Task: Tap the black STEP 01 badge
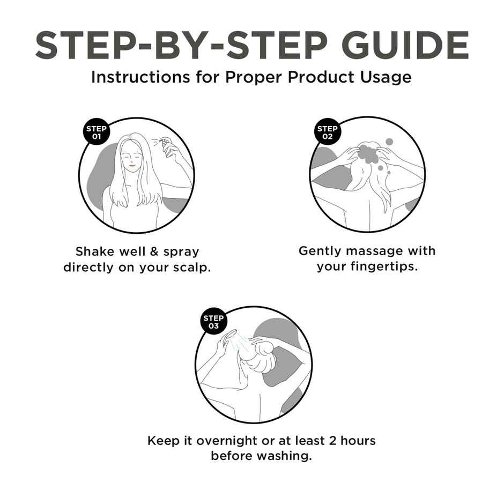pos(97,132)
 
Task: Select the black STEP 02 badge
pos(327,132)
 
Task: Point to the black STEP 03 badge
pos(213,321)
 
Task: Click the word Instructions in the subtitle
pos(140,77)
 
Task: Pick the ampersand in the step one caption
pos(154,251)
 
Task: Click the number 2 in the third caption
pos(332,441)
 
